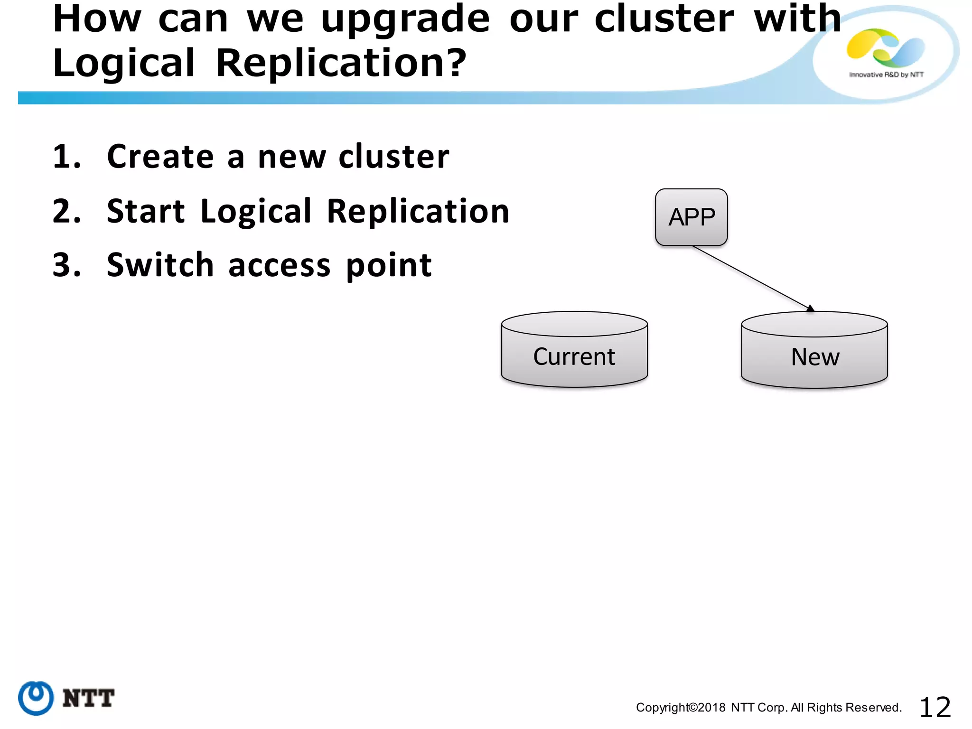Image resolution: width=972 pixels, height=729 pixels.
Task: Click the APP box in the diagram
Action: coord(691,217)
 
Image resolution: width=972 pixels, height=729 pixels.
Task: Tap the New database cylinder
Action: coord(814,351)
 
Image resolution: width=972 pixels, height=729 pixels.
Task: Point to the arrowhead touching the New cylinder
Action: coord(810,308)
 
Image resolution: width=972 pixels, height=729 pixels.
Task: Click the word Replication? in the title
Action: coord(341,63)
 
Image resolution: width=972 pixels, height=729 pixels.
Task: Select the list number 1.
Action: coord(66,157)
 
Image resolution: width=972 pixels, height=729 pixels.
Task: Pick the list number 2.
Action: coord(66,211)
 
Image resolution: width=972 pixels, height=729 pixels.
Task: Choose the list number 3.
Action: coord(66,265)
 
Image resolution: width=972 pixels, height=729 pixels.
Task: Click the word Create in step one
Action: coord(160,157)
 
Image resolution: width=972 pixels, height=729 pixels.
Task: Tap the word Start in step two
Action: coord(146,211)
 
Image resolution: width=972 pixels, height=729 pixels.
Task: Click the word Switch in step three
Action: coord(160,265)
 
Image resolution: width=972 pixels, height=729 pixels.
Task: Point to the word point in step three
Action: coord(389,266)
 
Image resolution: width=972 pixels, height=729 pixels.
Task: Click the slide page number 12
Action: coord(935,708)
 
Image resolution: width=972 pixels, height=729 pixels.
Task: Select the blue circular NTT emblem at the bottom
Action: coord(36,698)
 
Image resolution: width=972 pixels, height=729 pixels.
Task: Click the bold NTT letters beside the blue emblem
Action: coord(88,699)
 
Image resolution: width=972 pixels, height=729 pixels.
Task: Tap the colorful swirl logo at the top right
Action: coord(885,48)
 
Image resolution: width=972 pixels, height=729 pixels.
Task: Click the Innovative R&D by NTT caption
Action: coord(886,75)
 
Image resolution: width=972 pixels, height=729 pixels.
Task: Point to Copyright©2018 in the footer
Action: coord(680,708)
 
